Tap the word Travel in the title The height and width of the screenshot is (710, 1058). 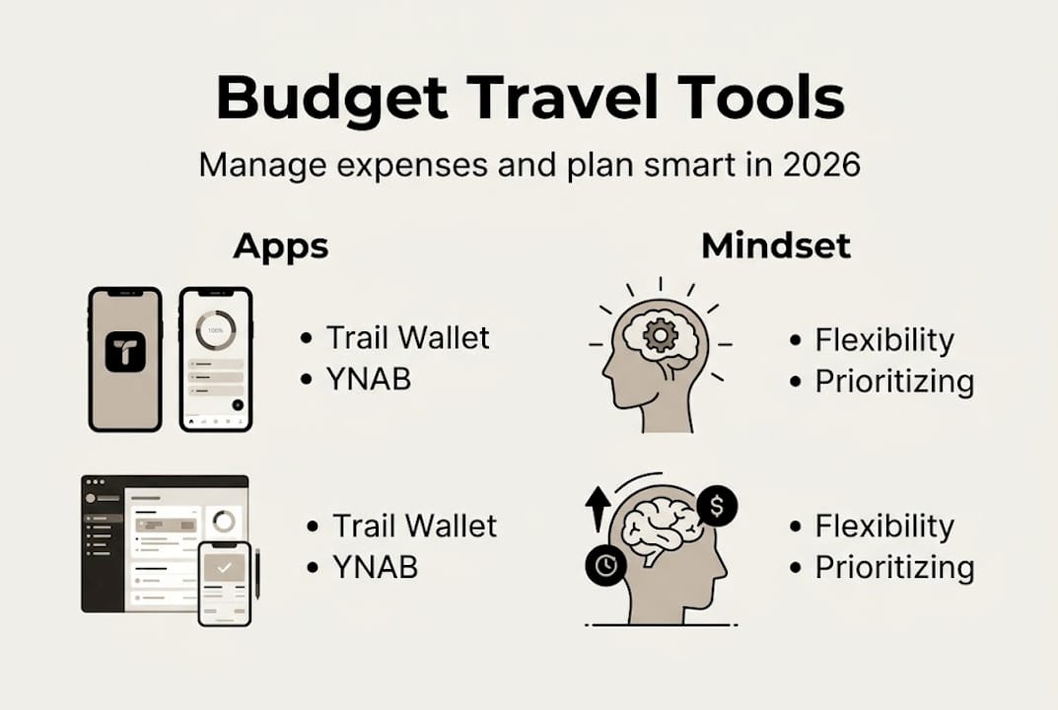click(x=563, y=99)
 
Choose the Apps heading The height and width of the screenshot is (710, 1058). click(x=281, y=246)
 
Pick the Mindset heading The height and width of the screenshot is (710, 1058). click(x=775, y=246)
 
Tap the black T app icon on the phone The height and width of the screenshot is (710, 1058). click(x=125, y=352)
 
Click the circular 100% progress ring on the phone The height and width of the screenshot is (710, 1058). click(x=215, y=330)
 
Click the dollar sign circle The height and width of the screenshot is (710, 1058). click(x=716, y=507)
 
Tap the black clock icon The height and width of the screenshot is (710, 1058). click(x=604, y=565)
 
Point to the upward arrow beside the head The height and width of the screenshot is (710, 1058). click(x=596, y=507)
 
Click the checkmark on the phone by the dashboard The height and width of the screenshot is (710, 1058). click(x=224, y=568)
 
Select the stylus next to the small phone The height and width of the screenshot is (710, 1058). click(x=257, y=572)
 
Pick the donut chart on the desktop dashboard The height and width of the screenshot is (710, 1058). click(x=224, y=521)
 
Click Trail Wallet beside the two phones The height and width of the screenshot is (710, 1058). click(x=407, y=338)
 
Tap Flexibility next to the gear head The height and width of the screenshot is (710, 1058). click(x=884, y=340)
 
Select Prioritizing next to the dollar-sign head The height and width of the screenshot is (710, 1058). click(x=894, y=567)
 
